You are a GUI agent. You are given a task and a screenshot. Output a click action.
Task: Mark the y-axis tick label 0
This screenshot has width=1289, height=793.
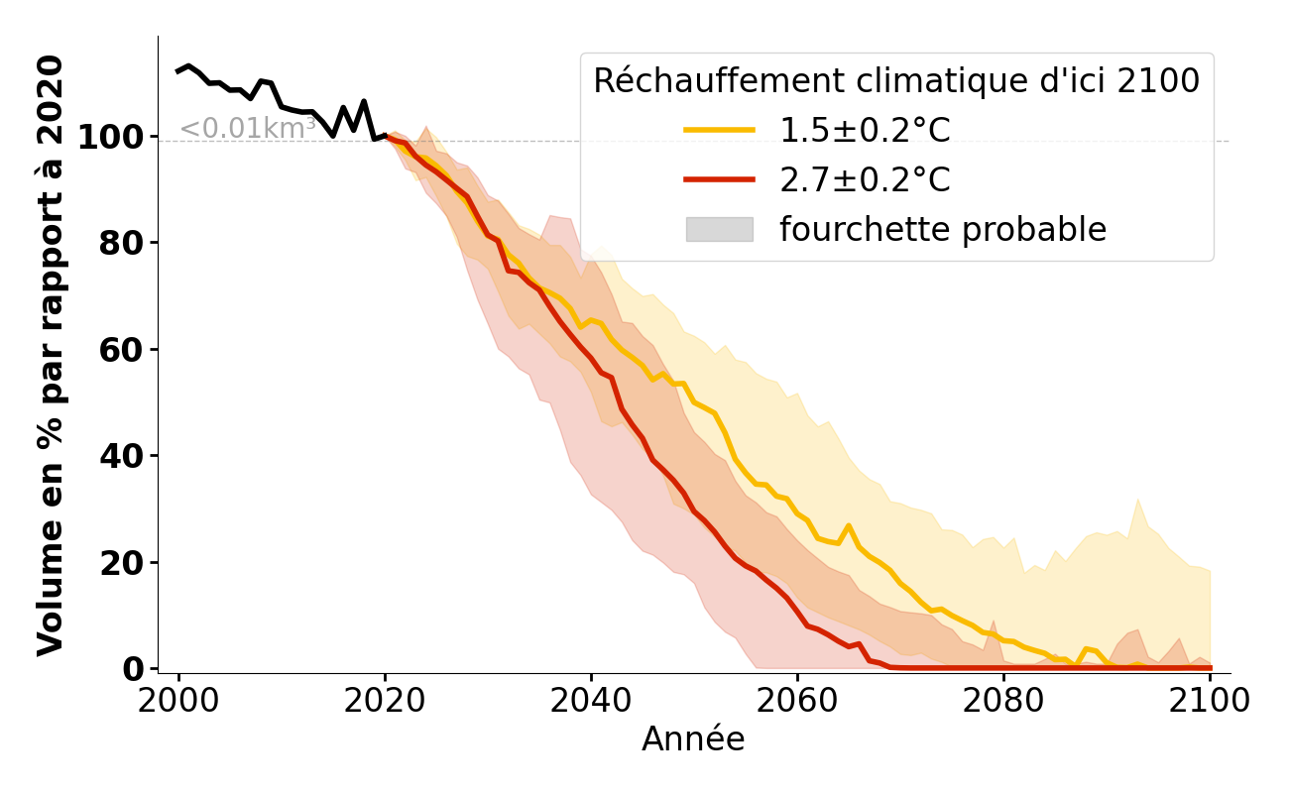(x=134, y=669)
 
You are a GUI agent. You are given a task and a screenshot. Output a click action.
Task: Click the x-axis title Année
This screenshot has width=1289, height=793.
(x=693, y=739)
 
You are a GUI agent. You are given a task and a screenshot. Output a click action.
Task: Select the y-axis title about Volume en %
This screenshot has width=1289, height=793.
(x=50, y=355)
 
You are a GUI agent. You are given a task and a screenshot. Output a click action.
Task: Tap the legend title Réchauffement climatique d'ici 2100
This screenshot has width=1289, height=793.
(x=896, y=81)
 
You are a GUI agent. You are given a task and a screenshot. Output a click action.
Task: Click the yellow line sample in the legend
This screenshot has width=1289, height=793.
(x=719, y=130)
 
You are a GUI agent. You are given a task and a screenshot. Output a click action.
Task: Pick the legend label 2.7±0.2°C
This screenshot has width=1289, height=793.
(x=865, y=180)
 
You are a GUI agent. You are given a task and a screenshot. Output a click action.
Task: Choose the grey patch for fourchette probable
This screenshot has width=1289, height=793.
(x=719, y=229)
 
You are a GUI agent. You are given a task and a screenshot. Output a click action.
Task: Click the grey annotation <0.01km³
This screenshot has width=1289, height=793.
(x=247, y=128)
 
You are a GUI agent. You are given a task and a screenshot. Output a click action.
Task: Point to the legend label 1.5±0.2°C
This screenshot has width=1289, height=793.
(x=865, y=130)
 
